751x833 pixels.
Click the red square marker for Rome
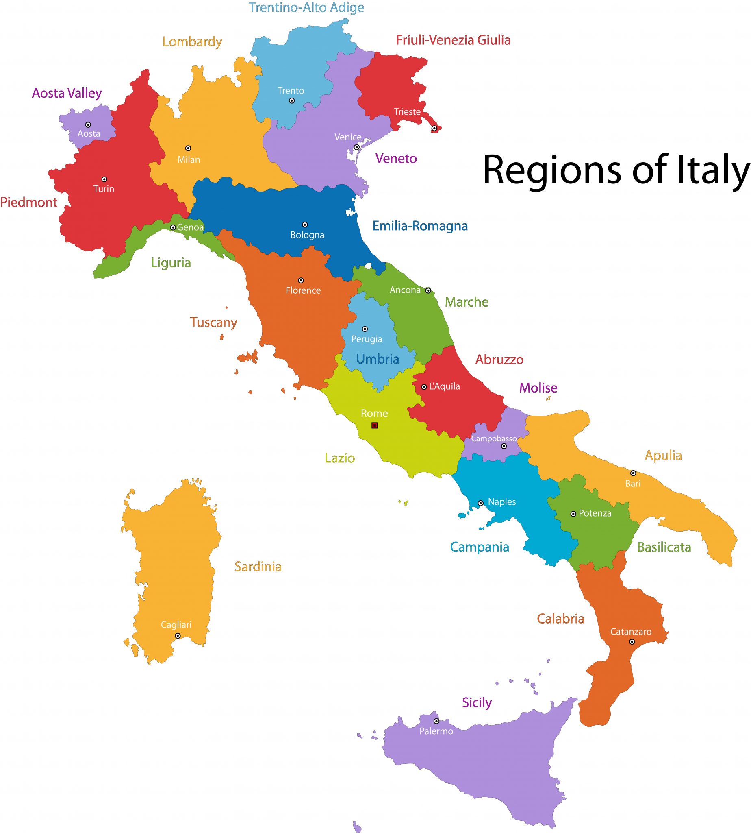click(374, 425)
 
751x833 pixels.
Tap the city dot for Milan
click(188, 148)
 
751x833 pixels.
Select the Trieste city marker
click(434, 129)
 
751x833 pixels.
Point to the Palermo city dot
click(436, 721)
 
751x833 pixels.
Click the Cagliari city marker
click(178, 636)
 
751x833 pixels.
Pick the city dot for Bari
click(633, 473)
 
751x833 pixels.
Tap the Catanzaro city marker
click(632, 642)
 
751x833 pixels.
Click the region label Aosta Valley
click(67, 93)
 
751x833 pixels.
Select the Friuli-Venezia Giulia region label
click(453, 40)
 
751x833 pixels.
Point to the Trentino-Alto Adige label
click(306, 8)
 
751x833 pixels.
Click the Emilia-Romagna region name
click(420, 226)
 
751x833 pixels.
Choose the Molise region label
click(538, 388)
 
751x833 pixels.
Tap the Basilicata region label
click(664, 547)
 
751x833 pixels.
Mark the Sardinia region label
click(258, 567)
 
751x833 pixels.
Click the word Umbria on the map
click(378, 359)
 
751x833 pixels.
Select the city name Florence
click(303, 290)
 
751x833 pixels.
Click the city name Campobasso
click(494, 438)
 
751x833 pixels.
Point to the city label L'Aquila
click(445, 386)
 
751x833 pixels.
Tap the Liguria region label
click(171, 263)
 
